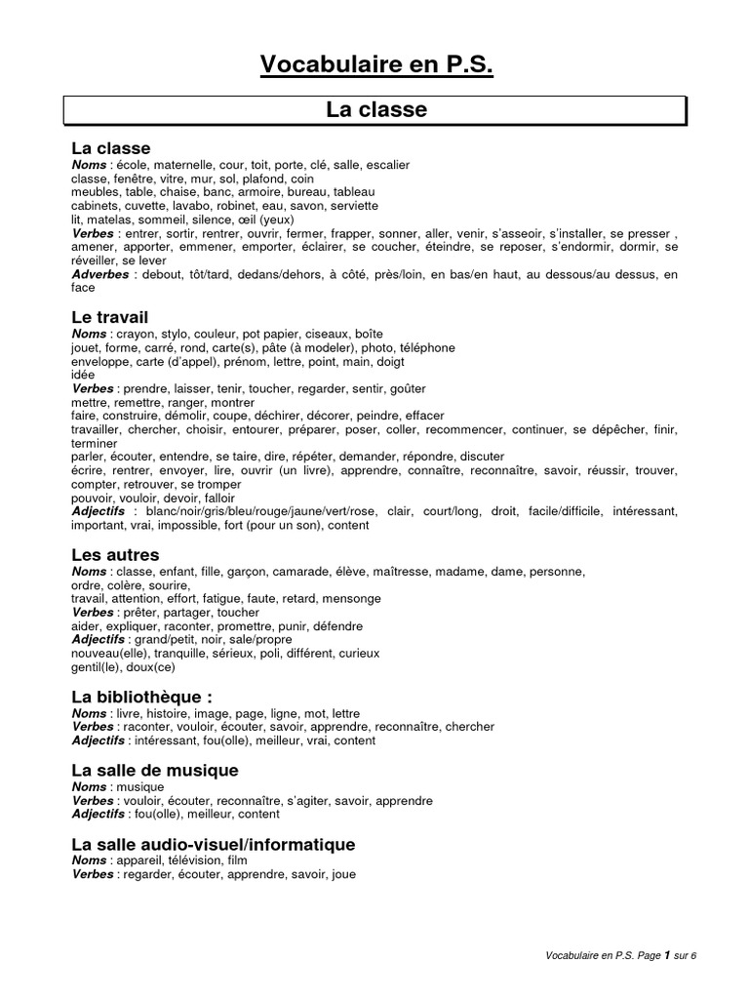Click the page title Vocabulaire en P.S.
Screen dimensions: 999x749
click(376, 64)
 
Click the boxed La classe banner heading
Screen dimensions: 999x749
click(376, 110)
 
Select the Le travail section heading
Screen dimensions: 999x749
click(110, 318)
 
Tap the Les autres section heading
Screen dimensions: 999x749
click(115, 554)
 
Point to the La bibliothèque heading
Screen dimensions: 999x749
click(141, 697)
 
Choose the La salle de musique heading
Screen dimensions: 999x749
click(155, 771)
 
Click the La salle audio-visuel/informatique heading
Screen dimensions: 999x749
click(214, 844)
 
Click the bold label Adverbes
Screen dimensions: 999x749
click(100, 275)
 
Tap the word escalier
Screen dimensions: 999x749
click(388, 166)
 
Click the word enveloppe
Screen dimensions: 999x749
click(99, 361)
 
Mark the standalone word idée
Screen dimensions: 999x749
click(84, 375)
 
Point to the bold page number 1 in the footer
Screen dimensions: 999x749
click(667, 955)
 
